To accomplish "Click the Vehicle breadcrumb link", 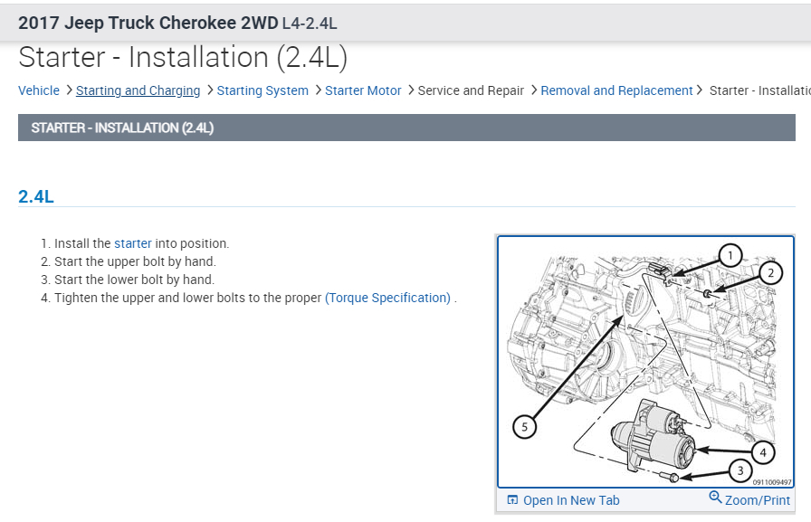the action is tap(39, 90).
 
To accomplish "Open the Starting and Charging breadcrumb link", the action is tap(138, 90).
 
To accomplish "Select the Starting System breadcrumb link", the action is tap(262, 90).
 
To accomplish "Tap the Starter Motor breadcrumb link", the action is tap(363, 90).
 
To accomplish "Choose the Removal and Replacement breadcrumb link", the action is tap(616, 90).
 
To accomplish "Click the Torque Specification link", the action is tap(388, 298).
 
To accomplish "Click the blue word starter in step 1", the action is tap(133, 243).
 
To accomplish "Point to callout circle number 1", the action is tap(730, 255).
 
